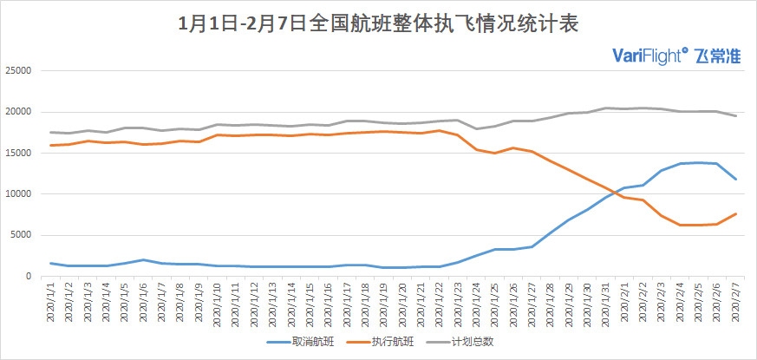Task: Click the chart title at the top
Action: point(379,23)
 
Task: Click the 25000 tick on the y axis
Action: point(20,70)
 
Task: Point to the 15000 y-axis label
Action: point(20,153)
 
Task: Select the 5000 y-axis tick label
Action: point(23,235)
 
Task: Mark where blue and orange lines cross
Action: point(618,192)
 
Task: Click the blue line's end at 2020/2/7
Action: point(736,179)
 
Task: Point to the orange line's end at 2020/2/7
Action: point(736,213)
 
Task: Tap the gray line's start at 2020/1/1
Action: point(52,132)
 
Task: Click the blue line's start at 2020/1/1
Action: point(52,263)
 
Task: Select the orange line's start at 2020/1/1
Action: point(52,145)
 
